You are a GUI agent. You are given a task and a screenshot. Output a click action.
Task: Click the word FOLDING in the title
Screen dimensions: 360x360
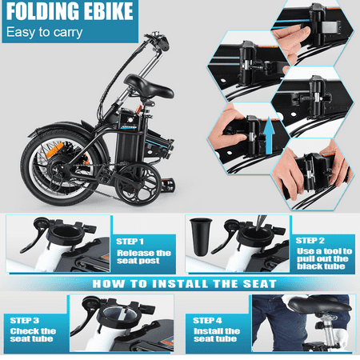[43, 11]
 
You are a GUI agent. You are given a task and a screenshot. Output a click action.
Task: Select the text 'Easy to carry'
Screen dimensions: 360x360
[44, 33]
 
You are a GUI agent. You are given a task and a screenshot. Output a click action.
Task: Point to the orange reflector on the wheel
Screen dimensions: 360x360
[55, 150]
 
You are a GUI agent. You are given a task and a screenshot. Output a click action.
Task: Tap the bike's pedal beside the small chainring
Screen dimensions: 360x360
[168, 185]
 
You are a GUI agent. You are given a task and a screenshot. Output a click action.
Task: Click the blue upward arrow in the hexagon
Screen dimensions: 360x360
[269, 135]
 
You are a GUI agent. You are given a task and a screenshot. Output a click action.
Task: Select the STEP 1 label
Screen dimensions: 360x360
[130, 242]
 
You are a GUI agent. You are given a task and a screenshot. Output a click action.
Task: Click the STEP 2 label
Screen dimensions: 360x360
[310, 241]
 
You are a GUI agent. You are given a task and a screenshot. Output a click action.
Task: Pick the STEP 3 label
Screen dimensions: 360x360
[25, 320]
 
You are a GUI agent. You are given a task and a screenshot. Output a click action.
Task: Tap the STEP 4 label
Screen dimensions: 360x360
[207, 320]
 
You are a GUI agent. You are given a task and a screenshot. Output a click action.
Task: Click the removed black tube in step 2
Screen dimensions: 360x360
[201, 237]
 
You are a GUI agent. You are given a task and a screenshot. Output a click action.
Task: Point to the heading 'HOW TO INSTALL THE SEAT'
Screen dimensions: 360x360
[184, 284]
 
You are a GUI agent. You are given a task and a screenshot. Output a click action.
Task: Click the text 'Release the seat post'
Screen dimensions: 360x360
[144, 257]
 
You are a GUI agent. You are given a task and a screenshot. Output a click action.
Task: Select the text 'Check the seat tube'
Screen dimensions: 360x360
[33, 335]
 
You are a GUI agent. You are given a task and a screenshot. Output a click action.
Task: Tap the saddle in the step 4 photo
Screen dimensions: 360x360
[319, 303]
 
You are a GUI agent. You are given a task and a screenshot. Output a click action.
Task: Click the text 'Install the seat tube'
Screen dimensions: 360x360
[217, 335]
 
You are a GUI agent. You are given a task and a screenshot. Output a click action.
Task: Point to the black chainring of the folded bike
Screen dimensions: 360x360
[138, 185]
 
